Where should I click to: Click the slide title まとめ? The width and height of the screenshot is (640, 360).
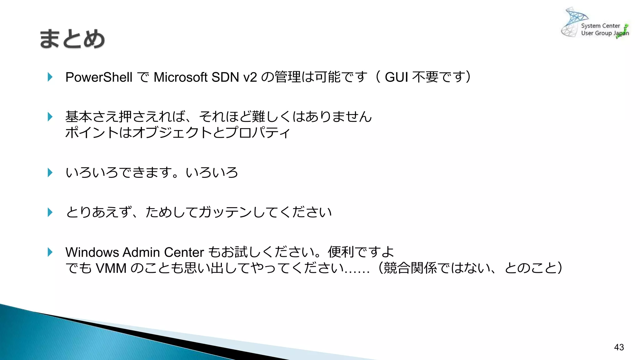click(x=72, y=39)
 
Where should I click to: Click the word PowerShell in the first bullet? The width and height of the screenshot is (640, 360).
click(x=99, y=77)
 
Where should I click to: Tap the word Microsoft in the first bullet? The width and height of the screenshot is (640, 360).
click(x=180, y=77)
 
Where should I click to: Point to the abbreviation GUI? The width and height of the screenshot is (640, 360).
click(x=396, y=77)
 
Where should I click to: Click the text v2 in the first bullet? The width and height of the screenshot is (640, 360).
click(x=250, y=77)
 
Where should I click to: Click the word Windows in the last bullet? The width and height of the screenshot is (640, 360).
click(x=92, y=252)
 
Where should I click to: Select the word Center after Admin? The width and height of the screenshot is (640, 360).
click(x=184, y=252)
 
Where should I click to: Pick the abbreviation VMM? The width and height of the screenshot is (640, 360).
click(x=111, y=268)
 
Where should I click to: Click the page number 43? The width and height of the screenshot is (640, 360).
click(x=619, y=347)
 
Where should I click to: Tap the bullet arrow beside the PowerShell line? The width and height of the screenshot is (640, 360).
click(x=50, y=77)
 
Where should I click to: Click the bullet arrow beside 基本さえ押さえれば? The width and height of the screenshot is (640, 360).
click(x=50, y=117)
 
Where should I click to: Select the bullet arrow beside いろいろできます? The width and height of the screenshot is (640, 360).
click(x=50, y=172)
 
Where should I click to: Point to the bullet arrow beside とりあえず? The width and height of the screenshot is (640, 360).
click(x=50, y=212)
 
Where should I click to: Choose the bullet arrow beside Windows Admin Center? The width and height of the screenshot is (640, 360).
click(x=50, y=252)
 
